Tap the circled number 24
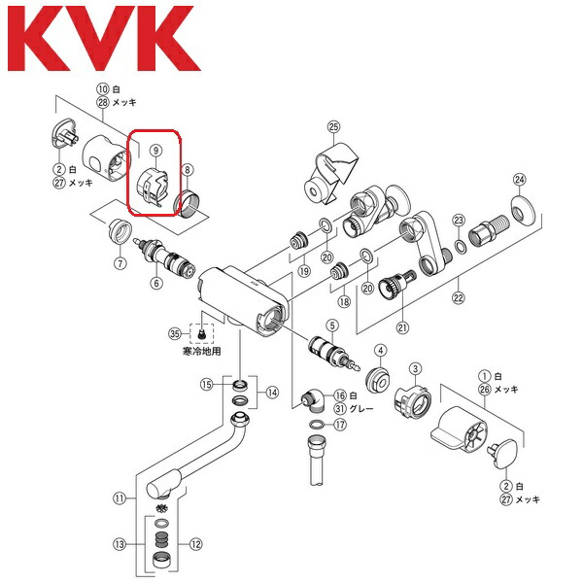519,179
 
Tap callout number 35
175,333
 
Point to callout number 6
154,283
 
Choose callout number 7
120,263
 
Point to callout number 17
338,424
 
